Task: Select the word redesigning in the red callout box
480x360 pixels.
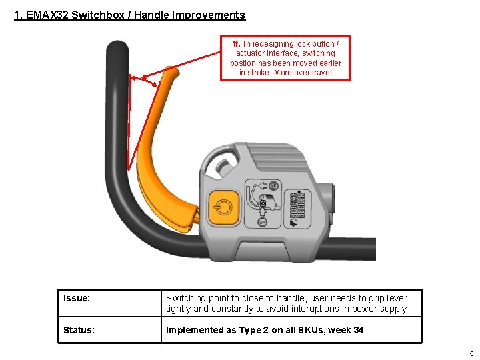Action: pos(285,44)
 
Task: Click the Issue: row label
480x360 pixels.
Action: pos(77,298)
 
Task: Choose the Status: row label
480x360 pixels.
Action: pos(79,330)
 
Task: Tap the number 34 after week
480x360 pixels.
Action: pos(357,330)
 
